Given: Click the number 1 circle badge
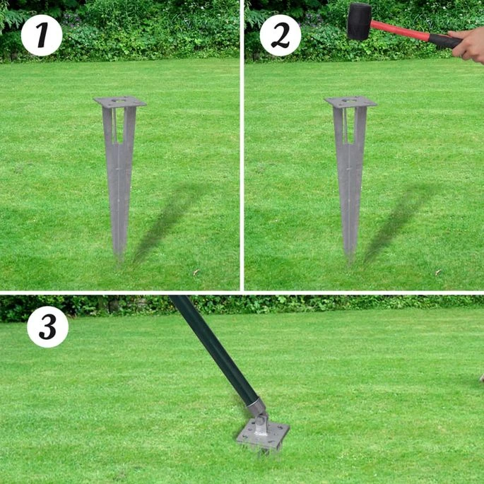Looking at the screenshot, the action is click(42, 35).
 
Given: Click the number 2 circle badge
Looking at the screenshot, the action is click(281, 35).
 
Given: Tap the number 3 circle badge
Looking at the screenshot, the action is click(47, 327).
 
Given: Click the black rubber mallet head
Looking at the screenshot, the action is click(360, 21).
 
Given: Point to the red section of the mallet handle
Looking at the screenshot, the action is click(400, 30).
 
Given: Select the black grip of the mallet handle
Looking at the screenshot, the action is click(444, 40).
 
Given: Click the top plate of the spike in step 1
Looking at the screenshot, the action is click(120, 102).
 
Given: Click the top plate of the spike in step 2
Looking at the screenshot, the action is click(350, 102).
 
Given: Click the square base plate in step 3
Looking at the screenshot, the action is click(263, 435).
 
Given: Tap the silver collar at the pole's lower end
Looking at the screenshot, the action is click(256, 406).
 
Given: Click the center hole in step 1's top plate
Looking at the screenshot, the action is click(119, 100).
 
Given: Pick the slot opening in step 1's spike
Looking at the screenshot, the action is click(119, 126).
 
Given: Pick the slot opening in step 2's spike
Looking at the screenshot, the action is click(350, 126).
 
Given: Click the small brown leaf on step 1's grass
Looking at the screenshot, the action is click(196, 272).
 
